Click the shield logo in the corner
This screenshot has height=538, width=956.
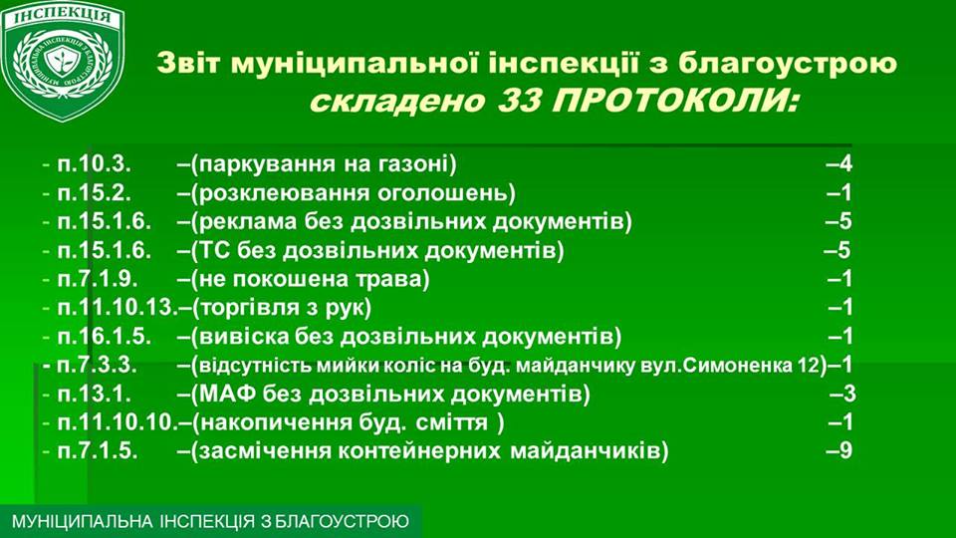(x=63, y=60)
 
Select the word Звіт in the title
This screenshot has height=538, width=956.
(x=188, y=64)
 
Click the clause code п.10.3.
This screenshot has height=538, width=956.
(x=95, y=164)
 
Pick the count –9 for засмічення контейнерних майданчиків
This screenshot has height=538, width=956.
(x=838, y=450)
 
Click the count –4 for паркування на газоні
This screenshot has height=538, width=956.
(x=838, y=164)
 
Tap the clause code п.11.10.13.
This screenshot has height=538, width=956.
(x=118, y=308)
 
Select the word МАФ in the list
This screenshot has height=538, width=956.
(x=227, y=395)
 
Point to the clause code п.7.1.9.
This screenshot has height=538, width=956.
(x=98, y=279)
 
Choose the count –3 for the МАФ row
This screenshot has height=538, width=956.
(x=842, y=395)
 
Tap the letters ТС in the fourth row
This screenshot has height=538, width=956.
(x=212, y=250)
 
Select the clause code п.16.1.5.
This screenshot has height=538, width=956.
(x=105, y=336)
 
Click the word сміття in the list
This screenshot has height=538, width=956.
(x=452, y=422)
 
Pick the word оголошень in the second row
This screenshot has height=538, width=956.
(x=442, y=193)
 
